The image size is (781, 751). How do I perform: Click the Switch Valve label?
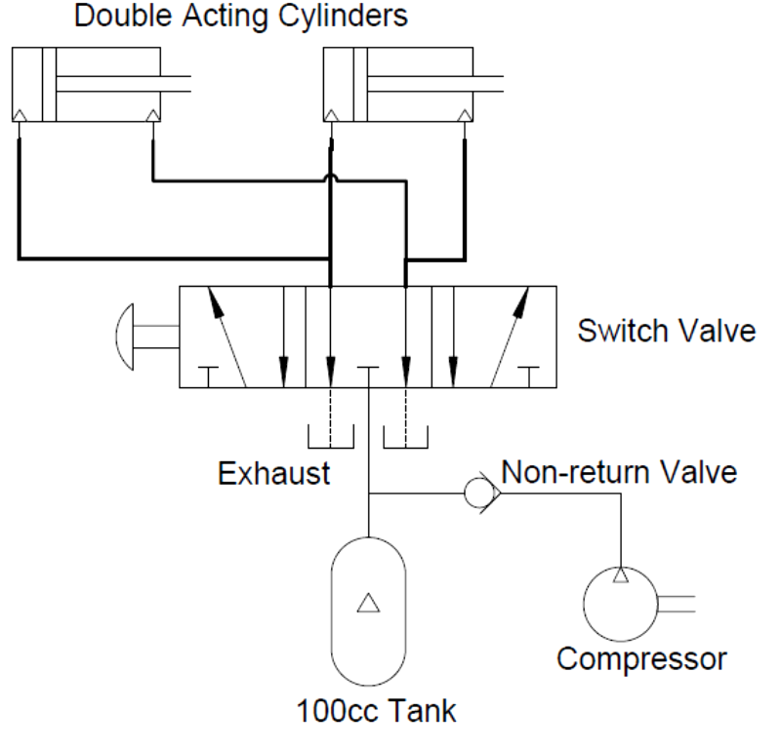click(x=666, y=330)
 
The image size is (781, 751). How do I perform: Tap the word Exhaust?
click(x=273, y=474)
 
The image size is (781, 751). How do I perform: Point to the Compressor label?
click(x=641, y=658)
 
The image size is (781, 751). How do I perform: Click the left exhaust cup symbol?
click(x=331, y=436)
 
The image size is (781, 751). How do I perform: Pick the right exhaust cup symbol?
click(x=406, y=436)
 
